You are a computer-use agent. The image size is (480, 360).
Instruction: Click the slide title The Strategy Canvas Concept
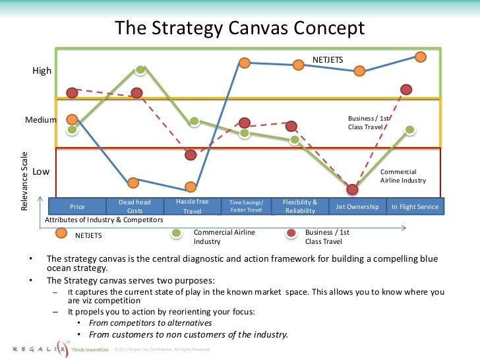pyautogui.click(x=240, y=28)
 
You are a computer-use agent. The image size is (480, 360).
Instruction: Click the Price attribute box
pyautogui.click(x=77, y=206)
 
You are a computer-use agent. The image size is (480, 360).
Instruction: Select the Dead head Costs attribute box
pyautogui.click(x=135, y=206)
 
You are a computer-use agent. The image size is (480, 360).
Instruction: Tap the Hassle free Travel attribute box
pyautogui.click(x=192, y=206)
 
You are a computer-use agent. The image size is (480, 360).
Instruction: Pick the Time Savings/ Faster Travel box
pyautogui.click(x=246, y=206)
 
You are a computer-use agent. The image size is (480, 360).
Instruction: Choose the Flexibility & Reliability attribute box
pyautogui.click(x=300, y=206)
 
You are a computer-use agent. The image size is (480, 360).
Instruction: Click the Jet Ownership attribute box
pyautogui.click(x=357, y=206)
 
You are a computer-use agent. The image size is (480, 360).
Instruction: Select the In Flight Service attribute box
pyautogui.click(x=415, y=206)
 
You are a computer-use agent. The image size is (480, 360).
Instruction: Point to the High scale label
pyautogui.click(x=42, y=71)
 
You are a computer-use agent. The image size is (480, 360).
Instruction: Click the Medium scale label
pyautogui.click(x=41, y=120)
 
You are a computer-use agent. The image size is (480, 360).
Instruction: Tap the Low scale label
pyautogui.click(x=42, y=171)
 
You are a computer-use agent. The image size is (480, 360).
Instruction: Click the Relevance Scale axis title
pyautogui.click(x=25, y=181)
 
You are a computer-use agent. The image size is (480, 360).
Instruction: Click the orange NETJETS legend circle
pyautogui.click(x=61, y=233)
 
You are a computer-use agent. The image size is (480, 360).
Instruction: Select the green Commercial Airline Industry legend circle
pyautogui.click(x=177, y=233)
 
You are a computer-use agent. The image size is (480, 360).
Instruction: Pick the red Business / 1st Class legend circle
pyautogui.click(x=290, y=233)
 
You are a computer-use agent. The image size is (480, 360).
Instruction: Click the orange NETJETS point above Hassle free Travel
pyautogui.click(x=191, y=187)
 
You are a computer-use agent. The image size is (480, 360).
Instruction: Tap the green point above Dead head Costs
pyautogui.click(x=140, y=70)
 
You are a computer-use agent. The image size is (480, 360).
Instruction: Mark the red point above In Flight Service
pyautogui.click(x=406, y=89)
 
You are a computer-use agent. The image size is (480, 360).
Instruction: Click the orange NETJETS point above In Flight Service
pyautogui.click(x=420, y=57)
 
